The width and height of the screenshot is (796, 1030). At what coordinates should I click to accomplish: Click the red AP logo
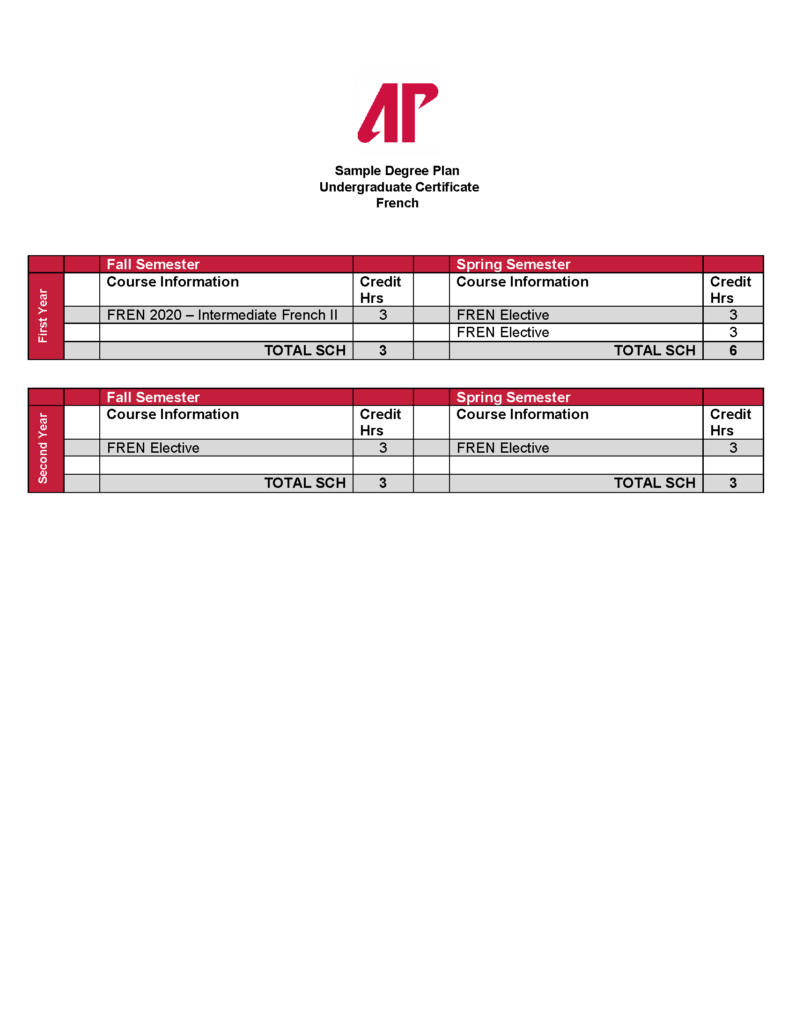(x=398, y=113)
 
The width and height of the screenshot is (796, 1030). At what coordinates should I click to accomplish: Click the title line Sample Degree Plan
(x=397, y=171)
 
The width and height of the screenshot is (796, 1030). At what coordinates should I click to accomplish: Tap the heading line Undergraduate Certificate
(x=399, y=187)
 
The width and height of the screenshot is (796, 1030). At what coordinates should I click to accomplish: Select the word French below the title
(x=397, y=203)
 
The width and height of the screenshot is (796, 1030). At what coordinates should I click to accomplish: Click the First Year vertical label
(x=44, y=316)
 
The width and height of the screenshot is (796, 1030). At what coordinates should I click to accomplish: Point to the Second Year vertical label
(x=44, y=448)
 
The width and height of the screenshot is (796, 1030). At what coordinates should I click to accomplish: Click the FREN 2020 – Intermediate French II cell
(x=222, y=315)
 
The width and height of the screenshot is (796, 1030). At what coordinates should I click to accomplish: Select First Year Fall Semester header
(x=153, y=265)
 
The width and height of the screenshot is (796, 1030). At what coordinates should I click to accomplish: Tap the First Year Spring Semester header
(x=513, y=265)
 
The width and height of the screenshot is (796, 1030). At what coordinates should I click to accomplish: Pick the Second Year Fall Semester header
(x=153, y=397)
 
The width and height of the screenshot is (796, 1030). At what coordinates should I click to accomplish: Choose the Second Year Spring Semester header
(x=513, y=397)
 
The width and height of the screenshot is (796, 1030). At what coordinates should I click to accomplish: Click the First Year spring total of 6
(x=733, y=351)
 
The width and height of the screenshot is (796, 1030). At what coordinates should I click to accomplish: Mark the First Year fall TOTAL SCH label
(x=305, y=351)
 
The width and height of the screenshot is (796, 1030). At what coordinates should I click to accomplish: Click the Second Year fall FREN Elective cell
(x=153, y=448)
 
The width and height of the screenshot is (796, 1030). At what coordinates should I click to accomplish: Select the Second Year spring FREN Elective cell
(x=503, y=448)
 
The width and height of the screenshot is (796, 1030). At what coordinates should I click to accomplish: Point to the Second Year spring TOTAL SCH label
(x=655, y=484)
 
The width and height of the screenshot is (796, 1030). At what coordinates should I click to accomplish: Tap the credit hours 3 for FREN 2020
(x=383, y=315)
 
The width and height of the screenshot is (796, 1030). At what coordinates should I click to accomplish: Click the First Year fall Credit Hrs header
(x=380, y=289)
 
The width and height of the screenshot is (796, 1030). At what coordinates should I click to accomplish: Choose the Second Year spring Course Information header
(x=523, y=414)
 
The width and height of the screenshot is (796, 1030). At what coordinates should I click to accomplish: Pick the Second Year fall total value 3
(x=383, y=484)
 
